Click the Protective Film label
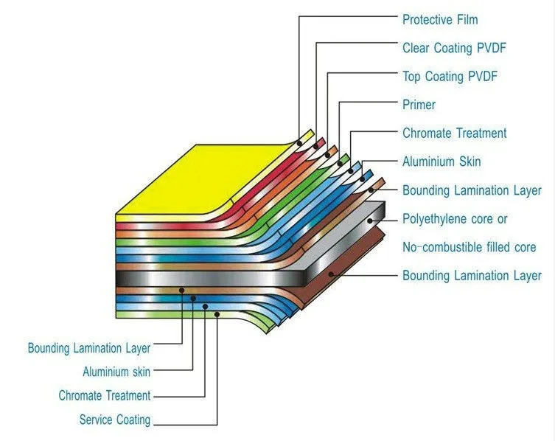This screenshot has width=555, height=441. [x=440, y=19]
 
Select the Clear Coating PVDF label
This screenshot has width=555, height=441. [x=454, y=48]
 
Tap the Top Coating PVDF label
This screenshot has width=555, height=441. [x=450, y=76]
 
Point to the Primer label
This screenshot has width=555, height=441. [x=419, y=105]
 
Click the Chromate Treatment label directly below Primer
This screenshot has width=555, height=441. [x=454, y=133]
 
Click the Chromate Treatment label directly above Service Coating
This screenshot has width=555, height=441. [x=105, y=396]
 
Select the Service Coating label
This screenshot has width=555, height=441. [x=115, y=420]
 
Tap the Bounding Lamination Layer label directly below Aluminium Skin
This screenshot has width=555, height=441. [x=472, y=190]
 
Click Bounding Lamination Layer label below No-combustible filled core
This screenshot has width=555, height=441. [x=472, y=276]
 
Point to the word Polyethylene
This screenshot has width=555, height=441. [x=436, y=219]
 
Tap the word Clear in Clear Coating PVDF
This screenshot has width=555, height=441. [x=416, y=48]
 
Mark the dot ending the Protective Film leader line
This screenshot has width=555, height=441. [x=299, y=142]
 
